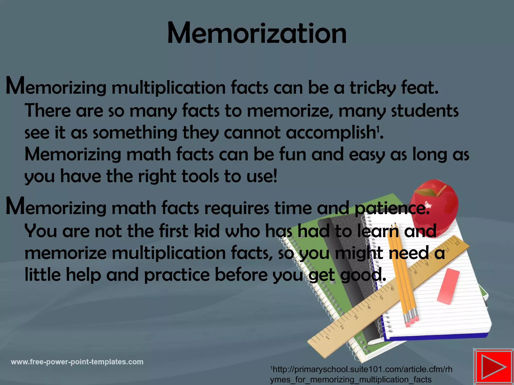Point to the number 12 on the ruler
point(457,243)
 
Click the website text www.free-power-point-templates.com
point(77,362)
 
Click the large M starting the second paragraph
point(15,206)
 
